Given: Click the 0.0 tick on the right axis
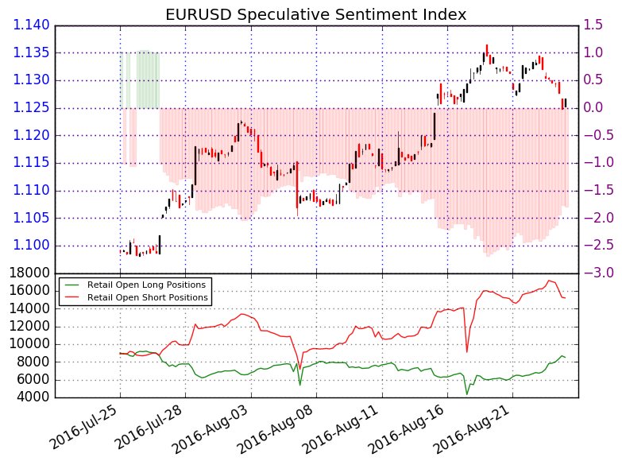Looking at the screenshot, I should click(x=596, y=108).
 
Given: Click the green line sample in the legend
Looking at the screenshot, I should click(x=74, y=284).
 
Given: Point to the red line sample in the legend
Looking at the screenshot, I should click(x=74, y=296).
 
